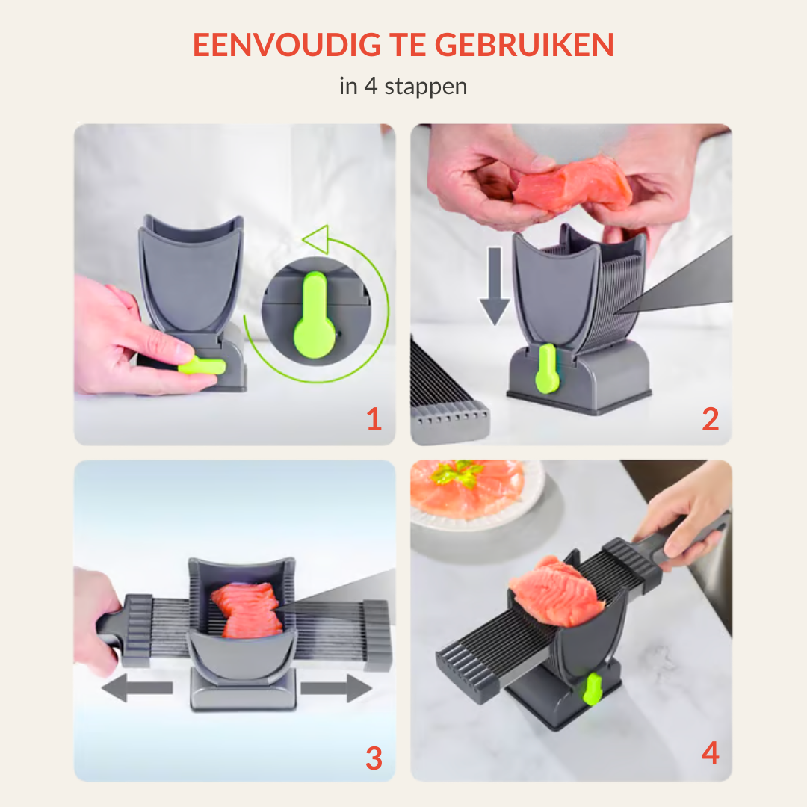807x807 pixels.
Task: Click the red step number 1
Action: coord(374,420)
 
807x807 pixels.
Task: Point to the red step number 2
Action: coord(710,420)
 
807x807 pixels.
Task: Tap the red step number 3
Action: coord(374,758)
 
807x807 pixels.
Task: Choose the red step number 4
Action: coord(710,754)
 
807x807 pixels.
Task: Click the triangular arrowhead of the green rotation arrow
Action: coord(317,240)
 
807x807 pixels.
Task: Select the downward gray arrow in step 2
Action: coord(494,287)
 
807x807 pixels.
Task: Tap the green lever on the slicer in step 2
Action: coord(546,368)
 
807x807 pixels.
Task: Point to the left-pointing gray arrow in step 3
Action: coord(137,687)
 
